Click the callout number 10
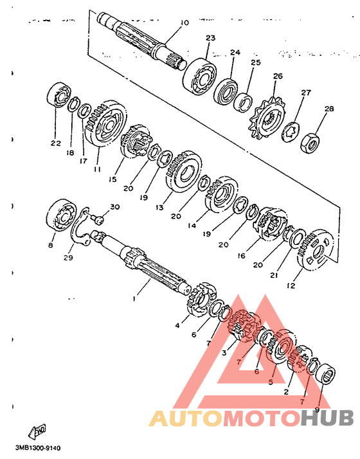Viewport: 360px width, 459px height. [x=184, y=23]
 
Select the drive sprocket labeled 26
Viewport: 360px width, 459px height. [x=267, y=118]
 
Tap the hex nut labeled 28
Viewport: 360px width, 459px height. [x=310, y=143]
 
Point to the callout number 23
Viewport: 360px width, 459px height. [x=210, y=38]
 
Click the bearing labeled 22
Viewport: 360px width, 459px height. [x=59, y=95]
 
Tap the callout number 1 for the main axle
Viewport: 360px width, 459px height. [x=134, y=299]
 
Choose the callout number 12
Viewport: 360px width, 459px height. [x=291, y=285]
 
